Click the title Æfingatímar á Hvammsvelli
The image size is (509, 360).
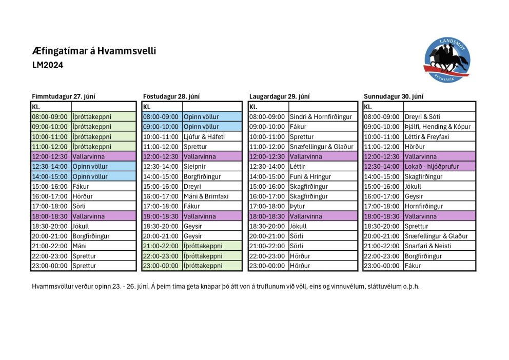point(94,51)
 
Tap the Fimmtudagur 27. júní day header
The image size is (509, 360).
point(64,96)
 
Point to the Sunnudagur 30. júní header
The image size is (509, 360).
point(394,96)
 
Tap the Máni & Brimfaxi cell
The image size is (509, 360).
point(205,196)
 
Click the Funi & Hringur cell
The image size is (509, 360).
point(310,176)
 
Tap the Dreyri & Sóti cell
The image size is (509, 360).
point(422,117)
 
